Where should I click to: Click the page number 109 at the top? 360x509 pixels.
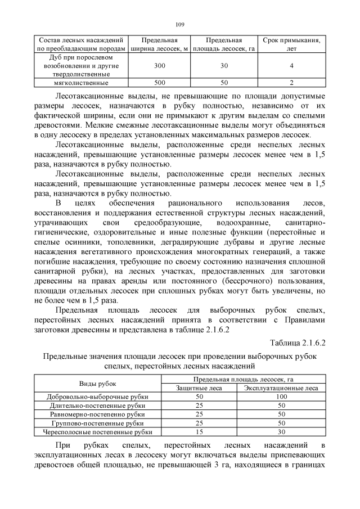point(180,24)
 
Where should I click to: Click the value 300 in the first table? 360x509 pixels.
point(160,66)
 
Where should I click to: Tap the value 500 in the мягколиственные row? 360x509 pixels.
point(160,83)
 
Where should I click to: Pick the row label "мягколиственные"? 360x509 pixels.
point(79,83)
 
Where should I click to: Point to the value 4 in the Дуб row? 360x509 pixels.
point(291,66)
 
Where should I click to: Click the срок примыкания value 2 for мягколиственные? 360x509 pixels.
point(291,83)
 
